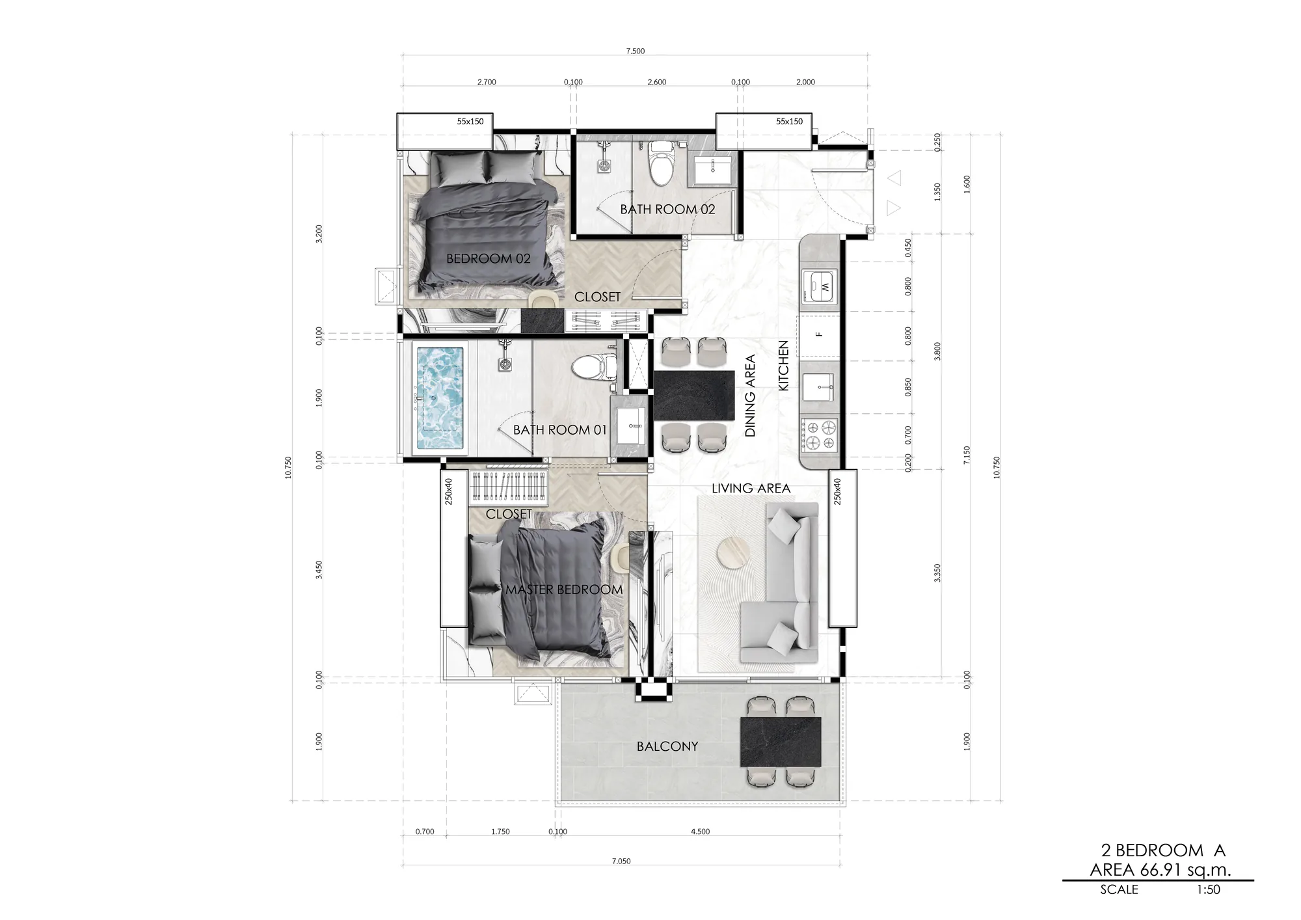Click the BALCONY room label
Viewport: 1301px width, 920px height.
[667, 746]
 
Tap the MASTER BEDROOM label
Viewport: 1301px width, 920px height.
[564, 589]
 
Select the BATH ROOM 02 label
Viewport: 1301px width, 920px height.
[667, 210]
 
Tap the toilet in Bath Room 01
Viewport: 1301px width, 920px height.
[594, 368]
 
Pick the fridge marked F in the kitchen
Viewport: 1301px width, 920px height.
[820, 334]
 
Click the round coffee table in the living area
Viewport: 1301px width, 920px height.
[732, 556]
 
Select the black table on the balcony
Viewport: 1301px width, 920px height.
[781, 742]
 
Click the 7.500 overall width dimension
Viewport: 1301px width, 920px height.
[636, 51]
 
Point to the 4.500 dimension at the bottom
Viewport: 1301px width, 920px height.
[701, 832]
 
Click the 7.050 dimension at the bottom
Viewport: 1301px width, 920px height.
[621, 861]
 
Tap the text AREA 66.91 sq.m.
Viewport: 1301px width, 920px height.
[1160, 870]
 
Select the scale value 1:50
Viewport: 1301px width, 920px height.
[1208, 889]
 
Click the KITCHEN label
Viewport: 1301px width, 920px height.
[783, 366]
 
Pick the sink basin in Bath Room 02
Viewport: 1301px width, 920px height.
[712, 171]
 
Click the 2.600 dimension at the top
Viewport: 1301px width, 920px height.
[657, 82]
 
